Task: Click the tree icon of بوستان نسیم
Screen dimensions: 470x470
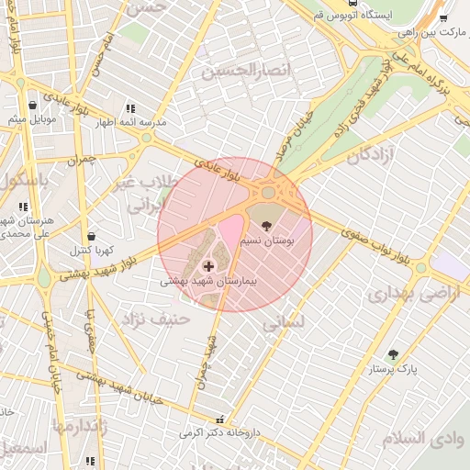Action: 267,225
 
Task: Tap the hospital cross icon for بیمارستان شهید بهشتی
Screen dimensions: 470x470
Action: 207,266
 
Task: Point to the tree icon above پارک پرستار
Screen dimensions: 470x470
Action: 394,354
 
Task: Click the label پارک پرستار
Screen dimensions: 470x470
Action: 394,369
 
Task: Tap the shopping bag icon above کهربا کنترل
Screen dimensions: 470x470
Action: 91,237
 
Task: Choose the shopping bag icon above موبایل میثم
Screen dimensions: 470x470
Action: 33,105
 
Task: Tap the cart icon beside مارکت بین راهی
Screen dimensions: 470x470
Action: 444,18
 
